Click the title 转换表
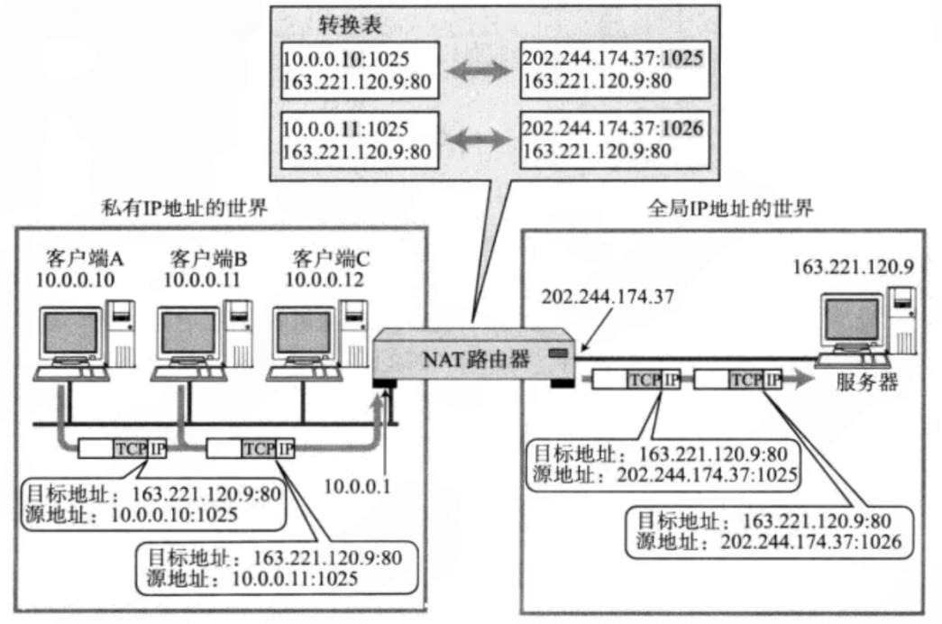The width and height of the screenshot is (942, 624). pyautogui.click(x=351, y=24)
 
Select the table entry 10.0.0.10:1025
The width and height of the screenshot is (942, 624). pyautogui.click(x=346, y=60)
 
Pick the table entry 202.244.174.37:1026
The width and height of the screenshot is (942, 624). pyautogui.click(x=612, y=130)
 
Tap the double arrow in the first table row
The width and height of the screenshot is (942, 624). pyautogui.click(x=480, y=71)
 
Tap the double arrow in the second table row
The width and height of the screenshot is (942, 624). pyautogui.click(x=480, y=140)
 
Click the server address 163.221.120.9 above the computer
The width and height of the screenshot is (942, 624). pyautogui.click(x=853, y=268)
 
